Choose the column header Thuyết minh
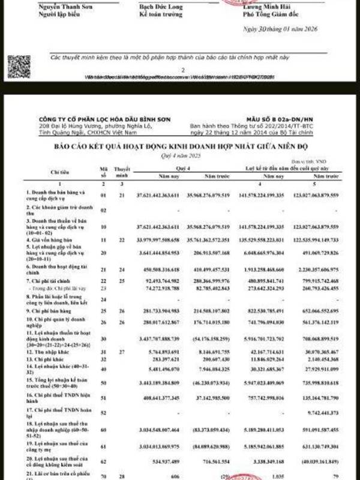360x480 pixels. tap(121, 172)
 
